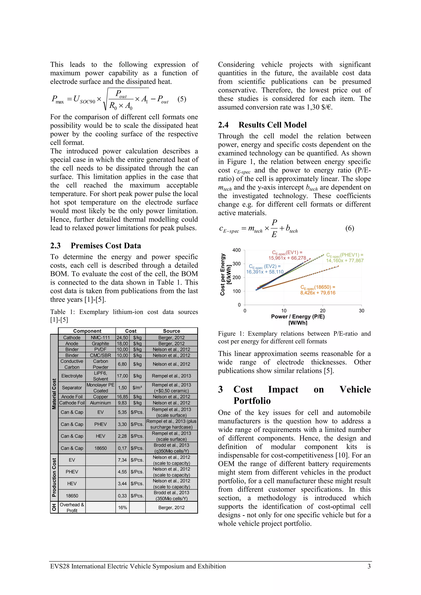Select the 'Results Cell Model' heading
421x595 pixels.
[272, 125]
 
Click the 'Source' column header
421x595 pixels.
[171, 331]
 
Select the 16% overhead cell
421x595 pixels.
[122, 507]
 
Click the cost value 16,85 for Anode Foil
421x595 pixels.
[122, 397]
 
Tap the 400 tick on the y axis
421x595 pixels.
[236, 250]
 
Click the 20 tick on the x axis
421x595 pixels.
[322, 310]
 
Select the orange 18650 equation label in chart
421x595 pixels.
[318, 290]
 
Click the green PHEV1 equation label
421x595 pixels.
[345, 258]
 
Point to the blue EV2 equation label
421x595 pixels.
[265, 269]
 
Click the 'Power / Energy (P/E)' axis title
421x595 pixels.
[297, 316]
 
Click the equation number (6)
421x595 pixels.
[349, 228]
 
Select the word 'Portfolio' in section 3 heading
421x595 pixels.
[252, 401]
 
